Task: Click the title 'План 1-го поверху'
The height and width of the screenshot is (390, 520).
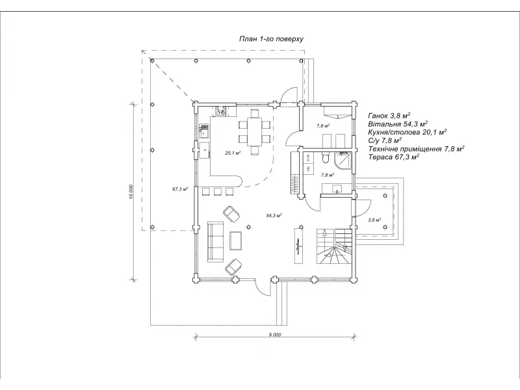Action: tap(271, 39)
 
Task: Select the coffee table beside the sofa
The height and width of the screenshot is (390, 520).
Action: tap(236, 240)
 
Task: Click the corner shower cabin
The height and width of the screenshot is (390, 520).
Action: tap(345, 159)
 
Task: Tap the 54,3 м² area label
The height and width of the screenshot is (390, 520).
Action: tap(274, 214)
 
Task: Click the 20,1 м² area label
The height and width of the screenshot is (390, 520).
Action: tap(233, 153)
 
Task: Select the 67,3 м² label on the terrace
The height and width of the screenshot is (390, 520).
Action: tap(180, 189)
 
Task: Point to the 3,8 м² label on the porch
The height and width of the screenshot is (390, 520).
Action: tap(375, 220)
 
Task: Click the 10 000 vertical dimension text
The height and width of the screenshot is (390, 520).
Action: tap(131, 193)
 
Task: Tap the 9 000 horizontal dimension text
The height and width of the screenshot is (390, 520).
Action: tap(274, 334)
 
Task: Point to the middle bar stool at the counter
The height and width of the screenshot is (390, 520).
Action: tap(218, 191)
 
